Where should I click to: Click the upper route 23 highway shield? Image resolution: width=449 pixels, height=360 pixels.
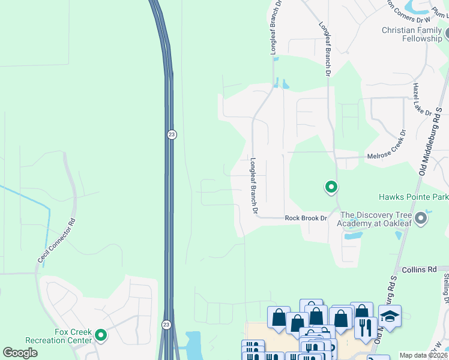pyautogui.click(x=172, y=135)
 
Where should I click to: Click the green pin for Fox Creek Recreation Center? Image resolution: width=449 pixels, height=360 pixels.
pyautogui.click(x=100, y=335)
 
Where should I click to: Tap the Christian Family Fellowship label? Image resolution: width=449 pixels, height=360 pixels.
pyautogui.click(x=412, y=34)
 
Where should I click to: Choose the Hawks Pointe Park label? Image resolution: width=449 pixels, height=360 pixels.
pyautogui.click(x=413, y=197)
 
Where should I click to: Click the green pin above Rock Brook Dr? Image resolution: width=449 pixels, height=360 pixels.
pyautogui.click(x=331, y=188)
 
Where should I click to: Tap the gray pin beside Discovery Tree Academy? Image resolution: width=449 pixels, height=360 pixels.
pyautogui.click(x=421, y=218)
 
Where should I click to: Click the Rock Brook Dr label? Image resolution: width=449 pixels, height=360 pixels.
pyautogui.click(x=306, y=218)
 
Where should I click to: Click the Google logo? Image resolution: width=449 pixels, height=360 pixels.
pyautogui.click(x=20, y=353)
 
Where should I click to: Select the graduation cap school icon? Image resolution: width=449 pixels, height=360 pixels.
pyautogui.click(x=390, y=316)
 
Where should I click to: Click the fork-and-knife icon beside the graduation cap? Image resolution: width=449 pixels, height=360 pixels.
pyautogui.click(x=365, y=328)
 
